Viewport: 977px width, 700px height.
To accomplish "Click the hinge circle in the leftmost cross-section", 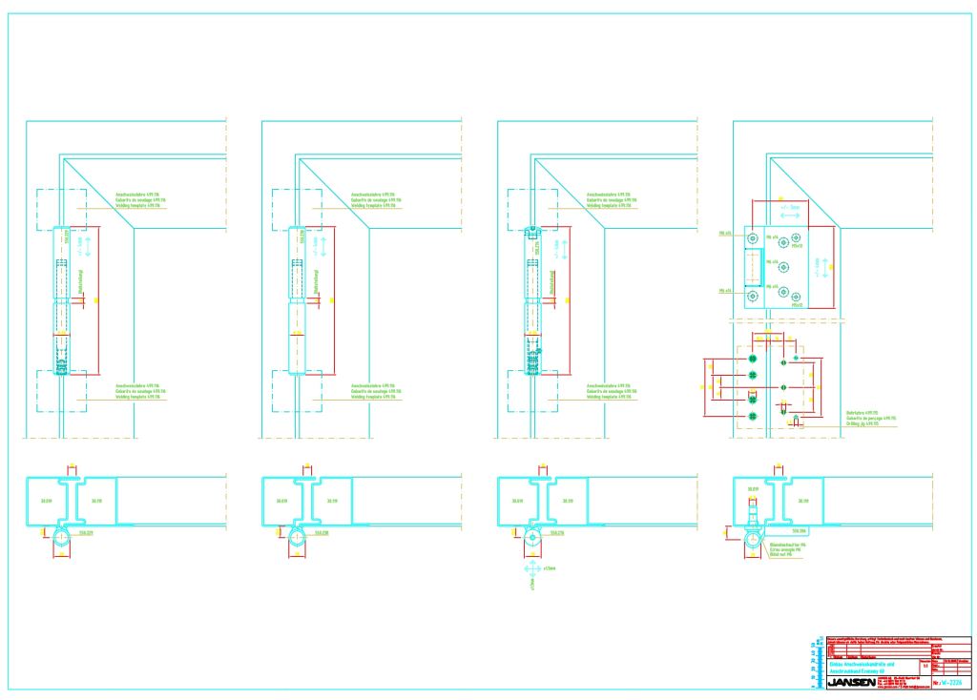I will [61, 538].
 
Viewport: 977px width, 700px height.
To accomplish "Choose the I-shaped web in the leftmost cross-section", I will [67, 500].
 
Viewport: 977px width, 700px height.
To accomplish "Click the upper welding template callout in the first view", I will [134, 199].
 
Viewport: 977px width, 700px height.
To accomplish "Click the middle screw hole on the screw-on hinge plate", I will [784, 266].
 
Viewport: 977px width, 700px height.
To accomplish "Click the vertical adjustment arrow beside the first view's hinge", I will [89, 247].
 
